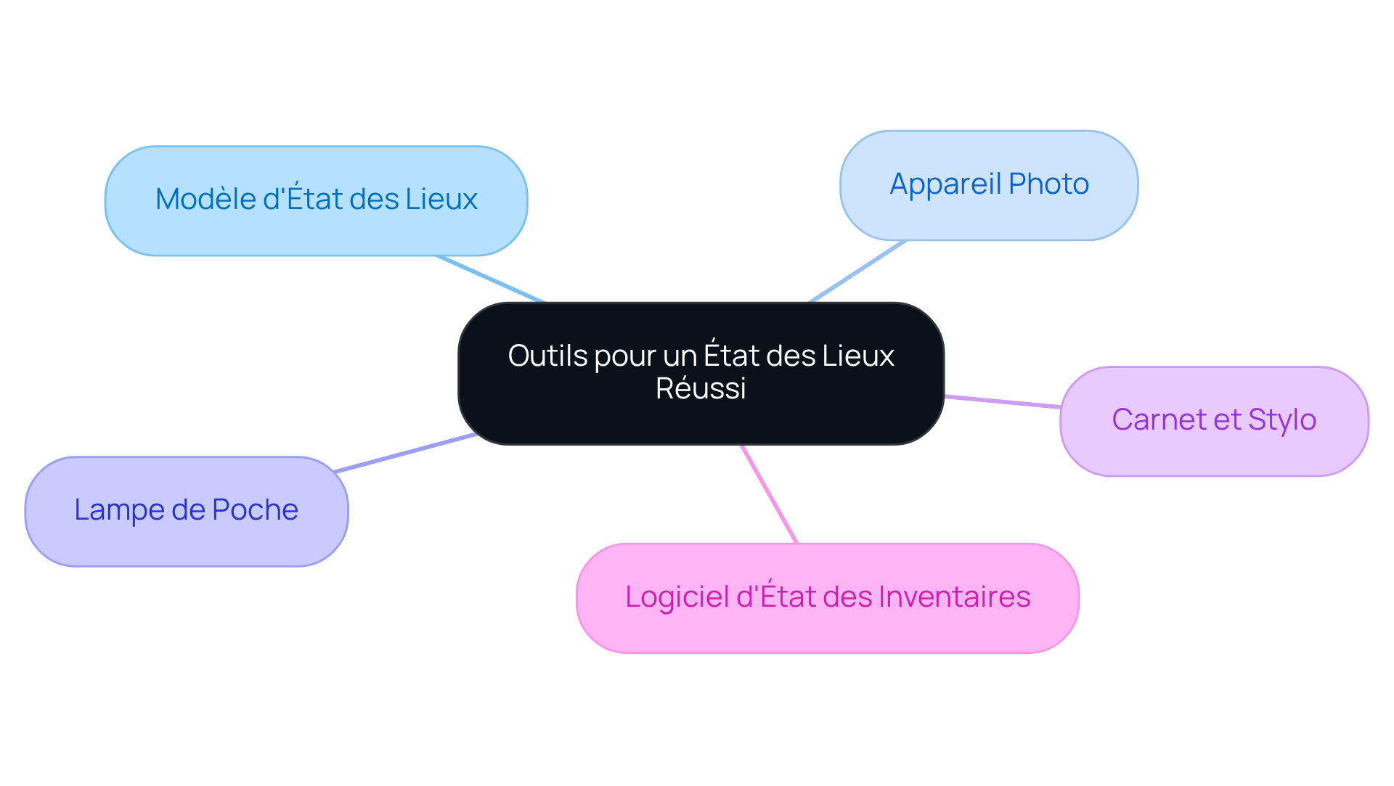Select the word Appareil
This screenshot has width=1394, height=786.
(945, 184)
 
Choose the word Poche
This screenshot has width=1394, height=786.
(255, 510)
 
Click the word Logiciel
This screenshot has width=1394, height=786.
(677, 597)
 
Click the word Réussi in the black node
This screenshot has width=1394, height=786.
(701, 389)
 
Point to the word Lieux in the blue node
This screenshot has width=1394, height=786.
(441, 200)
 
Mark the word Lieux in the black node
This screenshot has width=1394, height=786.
(858, 356)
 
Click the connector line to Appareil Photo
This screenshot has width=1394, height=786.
(857, 271)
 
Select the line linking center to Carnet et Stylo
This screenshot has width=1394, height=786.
(1002, 402)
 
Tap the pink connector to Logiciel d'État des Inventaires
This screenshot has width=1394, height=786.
(769, 494)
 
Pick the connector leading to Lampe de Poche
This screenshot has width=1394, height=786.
(404, 454)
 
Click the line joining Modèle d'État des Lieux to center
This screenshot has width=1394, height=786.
(490, 279)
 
